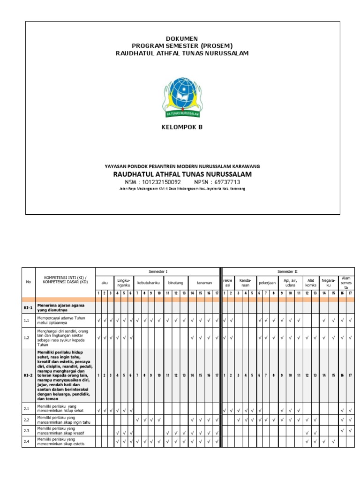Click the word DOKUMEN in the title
pos(182,38)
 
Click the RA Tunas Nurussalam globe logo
pos(182,97)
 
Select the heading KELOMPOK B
pos(182,127)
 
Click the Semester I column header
pos(158,271)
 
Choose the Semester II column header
pos(288,271)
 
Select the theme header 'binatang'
pos(176,283)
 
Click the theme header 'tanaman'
pos(204,283)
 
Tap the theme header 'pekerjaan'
pos(267,283)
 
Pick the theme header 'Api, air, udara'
pos(291,283)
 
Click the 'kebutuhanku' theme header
pos(149,283)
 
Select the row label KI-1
pos(28,308)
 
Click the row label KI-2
pos(28,375)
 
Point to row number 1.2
pos(27,337)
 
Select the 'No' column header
pos(28,282)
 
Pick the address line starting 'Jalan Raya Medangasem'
pos(182,189)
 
